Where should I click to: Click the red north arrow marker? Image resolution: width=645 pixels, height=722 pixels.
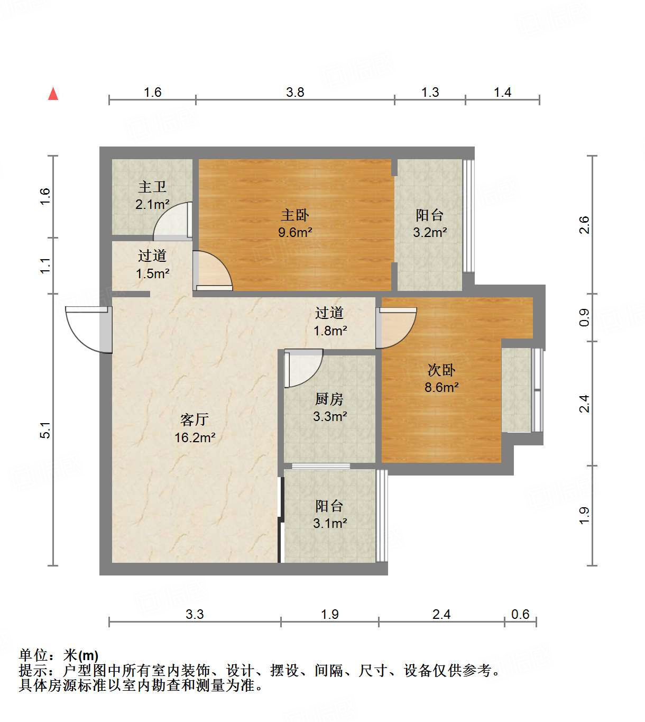(53, 94)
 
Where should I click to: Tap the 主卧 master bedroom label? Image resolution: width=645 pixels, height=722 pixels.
(294, 215)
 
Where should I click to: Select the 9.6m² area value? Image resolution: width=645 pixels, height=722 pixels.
(294, 232)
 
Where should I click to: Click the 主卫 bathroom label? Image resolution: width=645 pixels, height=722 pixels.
(152, 187)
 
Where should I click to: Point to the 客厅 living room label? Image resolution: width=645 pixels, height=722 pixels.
(195, 419)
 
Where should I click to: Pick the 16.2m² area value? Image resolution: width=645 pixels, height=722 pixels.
(195, 437)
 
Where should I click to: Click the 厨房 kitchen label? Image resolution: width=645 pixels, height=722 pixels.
(329, 399)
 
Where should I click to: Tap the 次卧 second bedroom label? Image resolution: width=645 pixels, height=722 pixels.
(441, 370)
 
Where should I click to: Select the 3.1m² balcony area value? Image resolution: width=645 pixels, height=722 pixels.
(329, 523)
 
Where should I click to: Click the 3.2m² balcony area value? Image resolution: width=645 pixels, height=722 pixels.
(429, 232)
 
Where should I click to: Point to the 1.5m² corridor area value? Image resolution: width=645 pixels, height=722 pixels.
(152, 273)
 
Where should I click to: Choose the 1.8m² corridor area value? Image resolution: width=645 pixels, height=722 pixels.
(330, 331)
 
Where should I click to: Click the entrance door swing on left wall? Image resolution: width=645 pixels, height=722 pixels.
(87, 329)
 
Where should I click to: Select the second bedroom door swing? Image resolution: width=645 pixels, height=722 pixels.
(397, 328)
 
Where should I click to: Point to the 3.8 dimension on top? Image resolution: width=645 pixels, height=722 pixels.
(295, 92)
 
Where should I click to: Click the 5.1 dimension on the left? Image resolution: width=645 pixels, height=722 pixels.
(45, 429)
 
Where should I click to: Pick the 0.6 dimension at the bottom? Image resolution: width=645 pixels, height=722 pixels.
(520, 614)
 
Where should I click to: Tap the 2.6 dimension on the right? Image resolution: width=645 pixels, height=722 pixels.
(584, 225)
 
